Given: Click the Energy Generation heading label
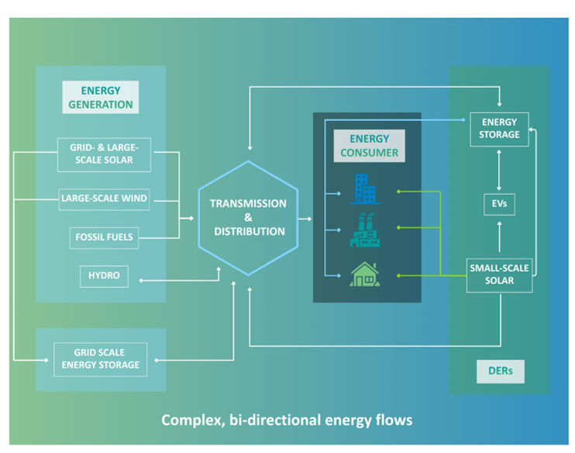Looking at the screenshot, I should click(101, 97).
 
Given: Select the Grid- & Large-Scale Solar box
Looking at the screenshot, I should click(104, 154).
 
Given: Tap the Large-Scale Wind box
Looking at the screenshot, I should click(104, 199).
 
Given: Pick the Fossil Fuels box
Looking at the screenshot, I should click(104, 237).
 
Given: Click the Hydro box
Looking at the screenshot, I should click(104, 275).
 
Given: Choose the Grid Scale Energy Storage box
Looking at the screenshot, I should click(100, 359).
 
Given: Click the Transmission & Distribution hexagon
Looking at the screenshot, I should click(248, 218).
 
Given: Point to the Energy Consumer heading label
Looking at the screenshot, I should click(369, 146).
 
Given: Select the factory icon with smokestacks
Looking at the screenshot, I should click(363, 230).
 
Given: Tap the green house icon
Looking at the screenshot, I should click(363, 273).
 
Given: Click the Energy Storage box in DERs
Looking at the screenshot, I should click(499, 129).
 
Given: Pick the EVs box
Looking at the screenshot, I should click(499, 205).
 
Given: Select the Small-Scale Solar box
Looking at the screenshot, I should click(499, 275).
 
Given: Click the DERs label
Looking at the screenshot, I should click(500, 372).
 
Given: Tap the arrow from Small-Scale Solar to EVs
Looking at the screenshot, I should click(499, 237).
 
